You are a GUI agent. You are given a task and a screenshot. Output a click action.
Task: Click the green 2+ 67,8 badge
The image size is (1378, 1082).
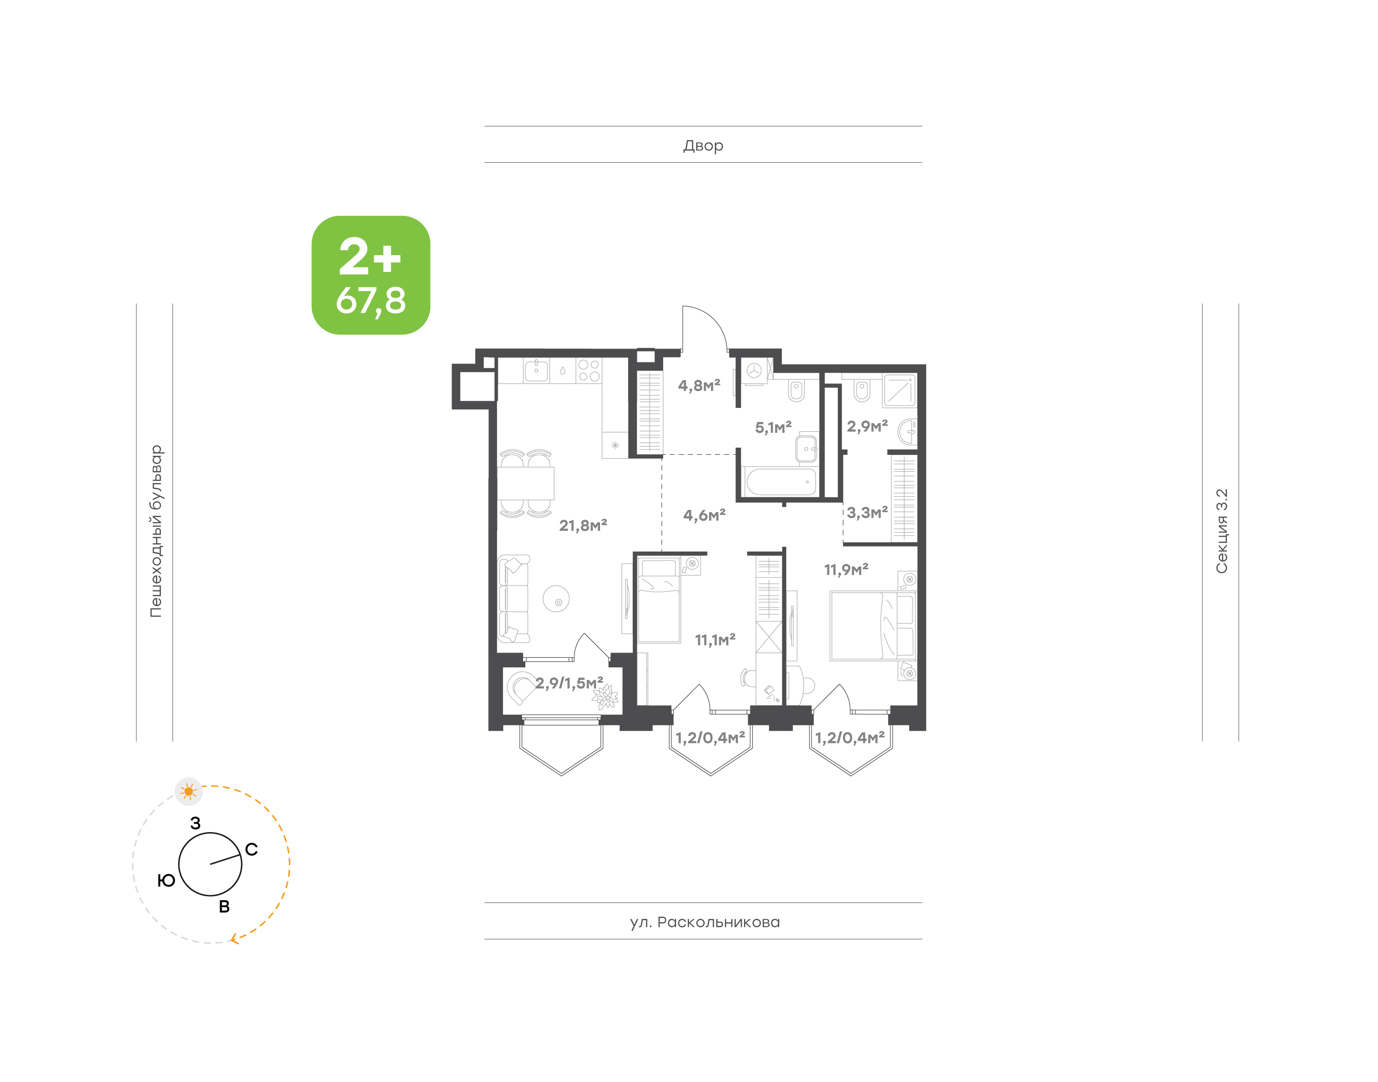pyautogui.click(x=370, y=275)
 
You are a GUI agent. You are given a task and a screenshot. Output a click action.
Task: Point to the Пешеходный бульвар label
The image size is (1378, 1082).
pyautogui.click(x=156, y=531)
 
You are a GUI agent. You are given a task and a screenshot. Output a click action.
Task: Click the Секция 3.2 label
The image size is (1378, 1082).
pyautogui.click(x=1221, y=531)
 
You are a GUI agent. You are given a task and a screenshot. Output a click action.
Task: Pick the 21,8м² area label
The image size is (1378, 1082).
pyautogui.click(x=583, y=525)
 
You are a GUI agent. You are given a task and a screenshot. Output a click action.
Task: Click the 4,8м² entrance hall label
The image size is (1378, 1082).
pyautogui.click(x=699, y=385)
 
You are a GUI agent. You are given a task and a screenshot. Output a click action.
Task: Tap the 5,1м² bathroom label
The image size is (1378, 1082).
pyautogui.click(x=773, y=428)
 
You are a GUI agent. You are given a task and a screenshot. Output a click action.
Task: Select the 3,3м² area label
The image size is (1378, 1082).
pyautogui.click(x=867, y=512)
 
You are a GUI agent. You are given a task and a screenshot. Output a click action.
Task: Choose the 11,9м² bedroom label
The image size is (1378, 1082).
pyautogui.click(x=845, y=570)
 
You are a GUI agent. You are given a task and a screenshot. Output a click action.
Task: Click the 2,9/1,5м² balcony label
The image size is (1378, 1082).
pyautogui.click(x=569, y=683)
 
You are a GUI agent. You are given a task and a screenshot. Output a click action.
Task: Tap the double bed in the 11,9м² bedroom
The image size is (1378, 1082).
pyautogui.click(x=873, y=626)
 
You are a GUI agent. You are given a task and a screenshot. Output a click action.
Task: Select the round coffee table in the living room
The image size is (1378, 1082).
pyautogui.click(x=556, y=598)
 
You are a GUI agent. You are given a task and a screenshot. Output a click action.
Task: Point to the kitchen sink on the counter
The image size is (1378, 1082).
pyautogui.click(x=536, y=371)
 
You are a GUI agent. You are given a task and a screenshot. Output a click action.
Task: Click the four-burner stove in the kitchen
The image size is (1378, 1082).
pyautogui.click(x=589, y=371)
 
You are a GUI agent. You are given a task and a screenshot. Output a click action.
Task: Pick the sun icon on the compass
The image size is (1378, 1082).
pyautogui.click(x=189, y=792)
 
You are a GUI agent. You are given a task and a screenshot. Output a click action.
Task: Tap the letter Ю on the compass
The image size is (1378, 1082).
pyautogui.click(x=167, y=880)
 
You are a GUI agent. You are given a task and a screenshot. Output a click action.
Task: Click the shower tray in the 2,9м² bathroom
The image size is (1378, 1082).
pyautogui.click(x=900, y=390)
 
